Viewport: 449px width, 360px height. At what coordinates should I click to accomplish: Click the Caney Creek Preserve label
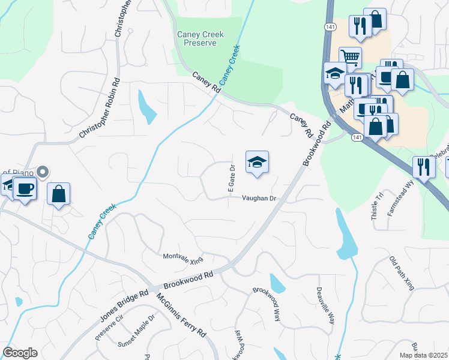tap(200, 39)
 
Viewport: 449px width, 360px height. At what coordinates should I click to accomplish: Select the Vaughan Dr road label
tap(259, 198)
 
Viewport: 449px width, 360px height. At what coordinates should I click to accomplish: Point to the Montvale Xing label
tap(183, 258)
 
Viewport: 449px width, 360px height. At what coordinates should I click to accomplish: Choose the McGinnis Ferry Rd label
tap(181, 314)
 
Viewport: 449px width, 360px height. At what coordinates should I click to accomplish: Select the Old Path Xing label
tap(402, 274)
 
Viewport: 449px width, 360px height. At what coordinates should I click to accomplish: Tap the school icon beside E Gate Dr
tap(257, 162)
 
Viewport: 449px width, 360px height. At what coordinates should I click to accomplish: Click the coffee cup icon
tap(25, 188)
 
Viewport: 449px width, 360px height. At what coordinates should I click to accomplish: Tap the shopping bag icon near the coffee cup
tap(58, 194)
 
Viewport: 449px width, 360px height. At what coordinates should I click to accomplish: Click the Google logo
tap(20, 353)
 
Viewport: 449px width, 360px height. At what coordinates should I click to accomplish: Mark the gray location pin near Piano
tap(42, 172)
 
